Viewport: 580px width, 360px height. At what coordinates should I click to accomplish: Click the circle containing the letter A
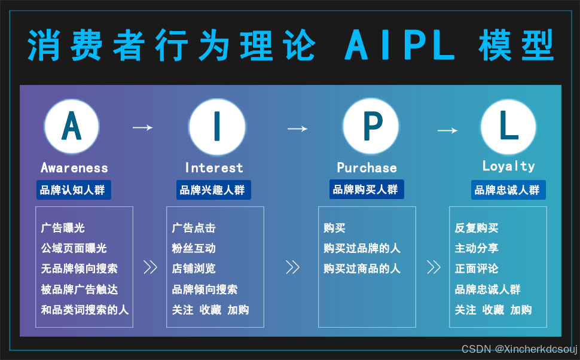(x=72, y=126)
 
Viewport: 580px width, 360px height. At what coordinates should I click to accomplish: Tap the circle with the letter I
(x=216, y=126)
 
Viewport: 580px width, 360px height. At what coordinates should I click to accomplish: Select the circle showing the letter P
(x=370, y=126)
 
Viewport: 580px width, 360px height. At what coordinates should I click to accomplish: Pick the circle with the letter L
(x=508, y=126)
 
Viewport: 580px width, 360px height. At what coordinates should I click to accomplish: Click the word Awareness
(x=74, y=168)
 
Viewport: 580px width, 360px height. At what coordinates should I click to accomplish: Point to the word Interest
(x=214, y=168)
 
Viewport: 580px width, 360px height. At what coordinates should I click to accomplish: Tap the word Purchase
(x=367, y=168)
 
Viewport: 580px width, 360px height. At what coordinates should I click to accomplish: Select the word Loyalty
(x=508, y=166)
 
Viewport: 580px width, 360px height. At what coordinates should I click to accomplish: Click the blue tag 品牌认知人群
(x=73, y=190)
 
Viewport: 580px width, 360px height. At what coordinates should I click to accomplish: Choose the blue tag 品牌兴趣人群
(x=213, y=190)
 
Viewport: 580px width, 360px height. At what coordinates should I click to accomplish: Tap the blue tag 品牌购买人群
(x=366, y=190)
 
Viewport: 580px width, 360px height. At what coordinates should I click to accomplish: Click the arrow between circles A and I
(x=142, y=127)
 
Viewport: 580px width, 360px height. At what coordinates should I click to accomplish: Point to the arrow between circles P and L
(x=447, y=130)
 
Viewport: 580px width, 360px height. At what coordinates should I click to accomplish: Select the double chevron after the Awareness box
(x=150, y=267)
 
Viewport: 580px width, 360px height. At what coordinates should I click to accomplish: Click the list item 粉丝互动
(x=194, y=248)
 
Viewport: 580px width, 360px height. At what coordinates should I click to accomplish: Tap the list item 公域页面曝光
(x=74, y=248)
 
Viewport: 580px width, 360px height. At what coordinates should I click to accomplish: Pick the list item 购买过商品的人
(x=362, y=269)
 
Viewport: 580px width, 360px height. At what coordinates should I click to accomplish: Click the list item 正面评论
(x=477, y=269)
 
